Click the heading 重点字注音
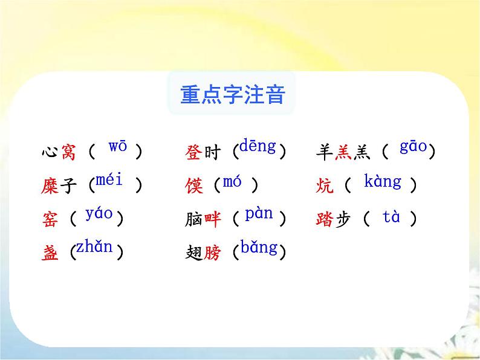click(x=233, y=95)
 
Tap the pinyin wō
click(x=117, y=147)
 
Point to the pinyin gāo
click(x=414, y=147)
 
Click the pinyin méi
click(x=109, y=180)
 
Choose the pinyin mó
click(x=232, y=181)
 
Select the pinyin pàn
click(x=259, y=213)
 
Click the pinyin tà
click(x=391, y=217)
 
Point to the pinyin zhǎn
click(x=95, y=248)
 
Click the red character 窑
click(x=51, y=220)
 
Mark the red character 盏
click(x=51, y=254)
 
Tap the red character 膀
click(x=212, y=254)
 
